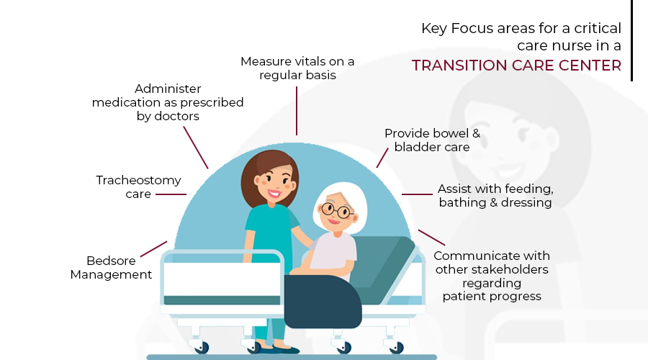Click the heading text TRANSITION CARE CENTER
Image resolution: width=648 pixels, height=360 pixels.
tap(516, 66)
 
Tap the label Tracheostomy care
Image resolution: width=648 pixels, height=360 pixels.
tap(138, 186)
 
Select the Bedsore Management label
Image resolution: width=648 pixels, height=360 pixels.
tap(111, 267)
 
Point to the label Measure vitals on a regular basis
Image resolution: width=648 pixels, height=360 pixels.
tap(297, 68)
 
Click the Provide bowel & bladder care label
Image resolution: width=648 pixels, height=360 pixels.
tap(432, 140)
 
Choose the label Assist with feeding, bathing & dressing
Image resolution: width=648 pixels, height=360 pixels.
tap(495, 196)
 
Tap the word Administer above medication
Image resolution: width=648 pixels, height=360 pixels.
tap(168, 89)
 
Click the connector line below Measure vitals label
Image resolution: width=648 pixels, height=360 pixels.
tap(297, 111)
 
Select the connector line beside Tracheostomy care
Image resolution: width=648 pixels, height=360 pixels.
tap(171, 194)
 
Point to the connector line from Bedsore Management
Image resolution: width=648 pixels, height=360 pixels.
tap(154, 249)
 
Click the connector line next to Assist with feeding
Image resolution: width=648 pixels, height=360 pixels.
tap(417, 194)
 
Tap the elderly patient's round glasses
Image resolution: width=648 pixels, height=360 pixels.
tap(337, 210)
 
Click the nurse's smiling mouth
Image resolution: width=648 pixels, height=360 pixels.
tap(274, 193)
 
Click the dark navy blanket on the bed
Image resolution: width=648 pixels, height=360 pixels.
tap(323, 302)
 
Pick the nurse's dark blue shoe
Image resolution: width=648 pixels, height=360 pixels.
tap(286, 350)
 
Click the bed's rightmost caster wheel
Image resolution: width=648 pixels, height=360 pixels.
tap(397, 347)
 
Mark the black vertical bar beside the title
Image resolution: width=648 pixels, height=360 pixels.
tap(632, 40)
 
